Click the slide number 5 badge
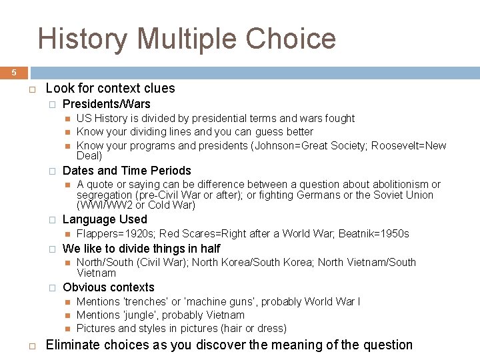click(x=13, y=73)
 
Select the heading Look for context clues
click(x=110, y=88)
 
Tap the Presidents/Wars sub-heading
click(x=106, y=104)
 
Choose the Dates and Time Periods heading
click(x=126, y=171)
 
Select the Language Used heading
click(x=105, y=219)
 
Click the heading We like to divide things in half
click(x=141, y=249)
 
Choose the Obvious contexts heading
click(x=108, y=287)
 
